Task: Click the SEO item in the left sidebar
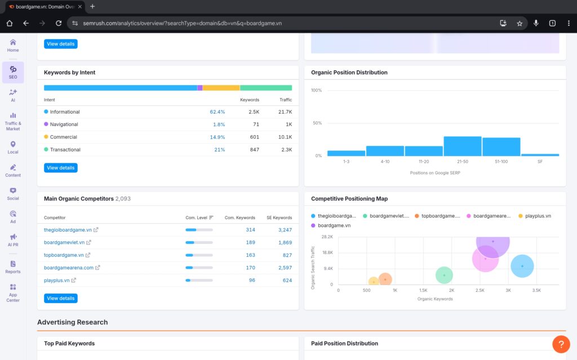13,72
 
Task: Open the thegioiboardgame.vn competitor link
68,230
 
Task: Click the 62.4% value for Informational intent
217,112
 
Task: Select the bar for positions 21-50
462,146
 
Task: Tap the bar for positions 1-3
346,153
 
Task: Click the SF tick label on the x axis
540,162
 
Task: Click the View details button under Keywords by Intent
60,168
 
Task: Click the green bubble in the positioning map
444,275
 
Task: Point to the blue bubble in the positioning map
522,266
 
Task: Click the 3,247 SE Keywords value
285,230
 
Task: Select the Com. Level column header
197,217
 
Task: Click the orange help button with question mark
561,344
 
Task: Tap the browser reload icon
59,23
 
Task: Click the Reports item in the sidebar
13,267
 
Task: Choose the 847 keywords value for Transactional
254,150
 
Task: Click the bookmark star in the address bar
520,23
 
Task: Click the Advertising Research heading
72,322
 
